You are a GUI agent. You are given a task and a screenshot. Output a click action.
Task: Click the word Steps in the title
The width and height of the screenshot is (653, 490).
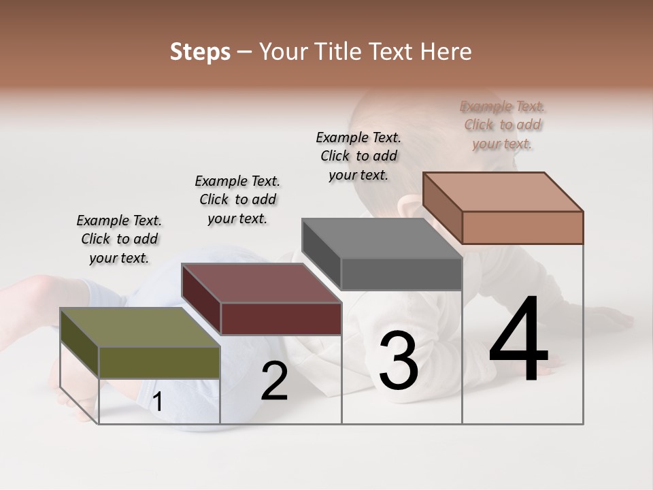click(x=200, y=52)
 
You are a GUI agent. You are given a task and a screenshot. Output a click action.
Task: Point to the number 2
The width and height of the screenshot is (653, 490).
click(x=274, y=382)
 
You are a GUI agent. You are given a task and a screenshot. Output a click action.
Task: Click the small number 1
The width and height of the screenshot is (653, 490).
click(x=158, y=402)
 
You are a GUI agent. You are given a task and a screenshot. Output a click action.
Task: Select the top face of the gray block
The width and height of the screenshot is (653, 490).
click(x=382, y=238)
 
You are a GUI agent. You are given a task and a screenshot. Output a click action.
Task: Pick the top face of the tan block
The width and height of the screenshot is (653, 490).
click(x=503, y=192)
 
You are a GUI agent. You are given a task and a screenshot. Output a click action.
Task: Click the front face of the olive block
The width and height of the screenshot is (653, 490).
click(x=159, y=363)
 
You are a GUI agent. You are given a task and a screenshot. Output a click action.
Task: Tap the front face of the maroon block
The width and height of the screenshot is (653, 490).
click(x=281, y=318)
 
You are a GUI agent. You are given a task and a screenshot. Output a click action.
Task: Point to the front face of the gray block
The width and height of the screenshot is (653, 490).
click(x=401, y=274)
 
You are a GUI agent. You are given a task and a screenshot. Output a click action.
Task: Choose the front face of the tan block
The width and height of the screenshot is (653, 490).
click(x=522, y=227)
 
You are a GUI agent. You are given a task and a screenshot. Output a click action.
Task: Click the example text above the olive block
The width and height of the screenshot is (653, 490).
click(x=119, y=239)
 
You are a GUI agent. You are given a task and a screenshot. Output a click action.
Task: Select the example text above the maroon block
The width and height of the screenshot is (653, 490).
click(x=237, y=199)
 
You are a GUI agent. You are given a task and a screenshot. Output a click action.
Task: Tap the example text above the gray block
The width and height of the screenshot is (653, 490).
click(x=358, y=156)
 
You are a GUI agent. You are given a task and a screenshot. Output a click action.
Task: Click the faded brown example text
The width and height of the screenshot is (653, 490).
click(x=503, y=125)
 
